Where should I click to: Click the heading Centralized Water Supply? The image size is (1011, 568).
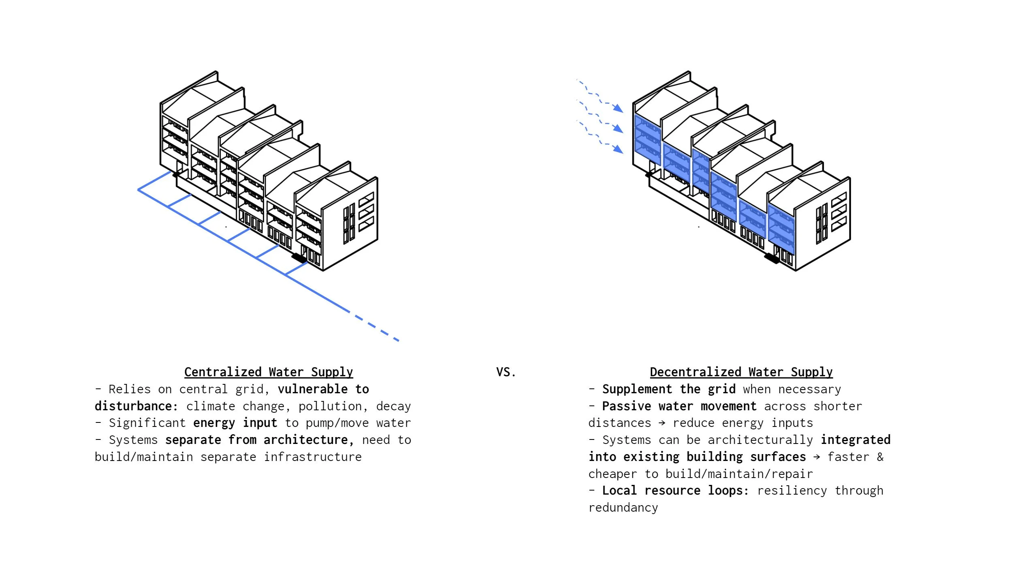[x=269, y=372]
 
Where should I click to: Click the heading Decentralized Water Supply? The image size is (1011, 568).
[x=741, y=372]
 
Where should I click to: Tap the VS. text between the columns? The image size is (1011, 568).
[x=506, y=372]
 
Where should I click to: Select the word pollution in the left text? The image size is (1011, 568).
[x=330, y=406]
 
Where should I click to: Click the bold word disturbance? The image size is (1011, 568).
[x=136, y=406]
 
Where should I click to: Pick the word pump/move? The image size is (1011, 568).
[x=337, y=423]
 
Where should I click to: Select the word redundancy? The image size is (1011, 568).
[x=623, y=508]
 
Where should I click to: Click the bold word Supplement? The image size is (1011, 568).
[x=637, y=389]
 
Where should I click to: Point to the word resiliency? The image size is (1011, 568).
[x=792, y=491]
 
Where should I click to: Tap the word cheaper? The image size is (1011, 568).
[x=612, y=474]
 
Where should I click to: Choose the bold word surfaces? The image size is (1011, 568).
[x=778, y=457]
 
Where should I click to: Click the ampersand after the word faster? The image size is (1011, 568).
[x=880, y=457]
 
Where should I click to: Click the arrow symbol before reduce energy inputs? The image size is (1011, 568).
[x=662, y=423]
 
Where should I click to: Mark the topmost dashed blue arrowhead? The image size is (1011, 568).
[x=618, y=108]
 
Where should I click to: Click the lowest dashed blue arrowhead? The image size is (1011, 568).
[x=618, y=149]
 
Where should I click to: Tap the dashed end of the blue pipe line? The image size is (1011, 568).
[x=377, y=328]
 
